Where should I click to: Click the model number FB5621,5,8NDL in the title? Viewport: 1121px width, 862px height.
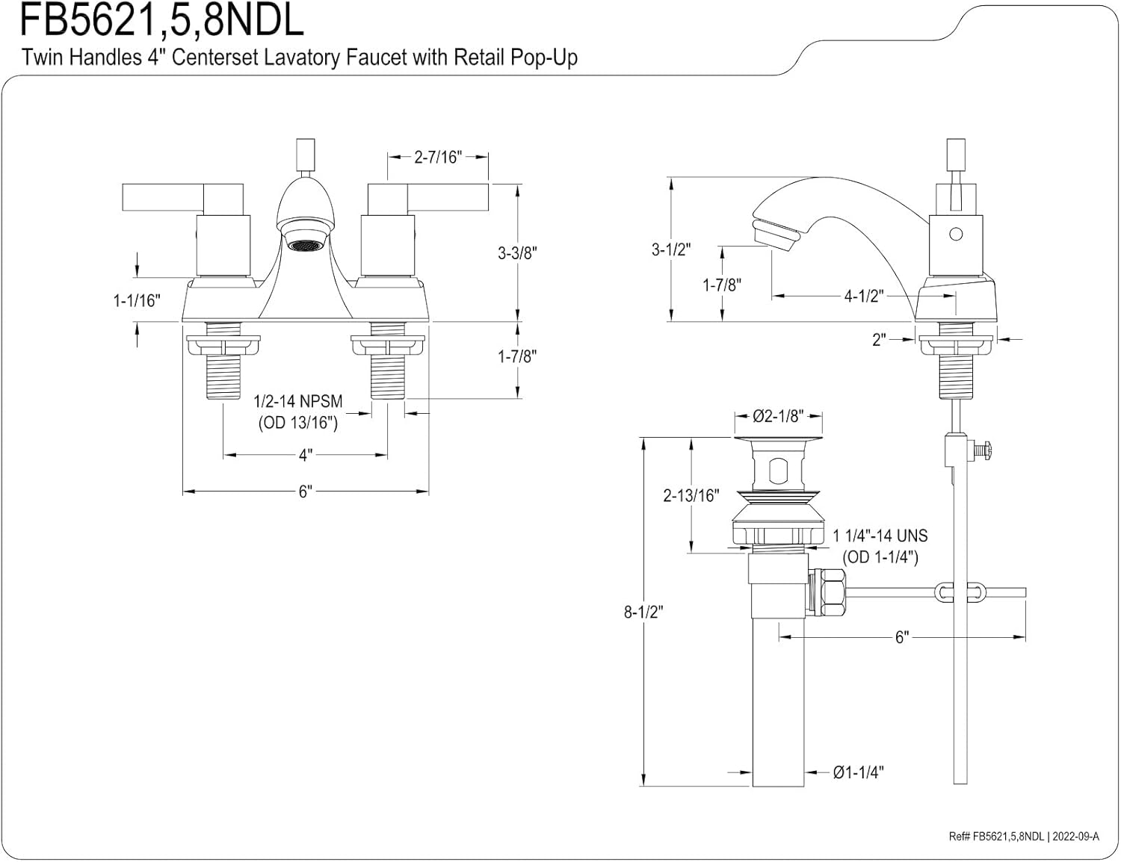161,20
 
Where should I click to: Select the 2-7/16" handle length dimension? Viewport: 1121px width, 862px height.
438,157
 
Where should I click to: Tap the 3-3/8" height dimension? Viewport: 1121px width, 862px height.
518,253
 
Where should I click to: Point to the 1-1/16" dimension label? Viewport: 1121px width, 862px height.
137,300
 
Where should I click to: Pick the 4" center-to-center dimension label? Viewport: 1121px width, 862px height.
305,455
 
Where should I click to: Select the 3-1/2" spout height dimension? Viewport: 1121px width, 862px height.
670,249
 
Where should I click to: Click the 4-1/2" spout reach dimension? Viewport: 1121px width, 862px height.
864,297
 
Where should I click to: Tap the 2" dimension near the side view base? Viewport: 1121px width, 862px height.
879,340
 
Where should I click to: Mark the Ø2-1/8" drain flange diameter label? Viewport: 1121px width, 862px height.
778,416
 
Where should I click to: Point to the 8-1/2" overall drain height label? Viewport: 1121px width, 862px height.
643,612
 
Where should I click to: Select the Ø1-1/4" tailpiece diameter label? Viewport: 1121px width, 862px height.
858,772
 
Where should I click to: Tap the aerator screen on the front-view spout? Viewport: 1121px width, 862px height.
304,245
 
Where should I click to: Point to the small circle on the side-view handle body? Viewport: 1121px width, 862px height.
956,235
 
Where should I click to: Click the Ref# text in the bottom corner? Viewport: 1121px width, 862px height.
1024,837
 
